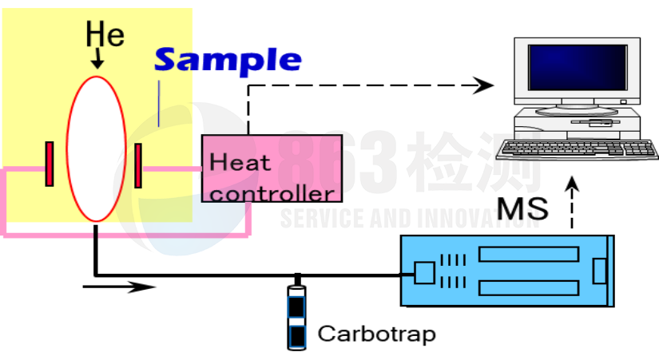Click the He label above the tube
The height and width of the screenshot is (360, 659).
(105, 34)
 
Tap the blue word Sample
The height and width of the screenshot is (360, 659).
(228, 60)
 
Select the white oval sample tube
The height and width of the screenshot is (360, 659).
(96, 148)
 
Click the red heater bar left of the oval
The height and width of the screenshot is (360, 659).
(50, 164)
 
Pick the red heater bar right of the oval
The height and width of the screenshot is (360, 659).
(138, 165)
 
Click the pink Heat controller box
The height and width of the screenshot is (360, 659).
(272, 168)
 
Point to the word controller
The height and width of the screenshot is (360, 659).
(272, 194)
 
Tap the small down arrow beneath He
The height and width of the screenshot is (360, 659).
(97, 58)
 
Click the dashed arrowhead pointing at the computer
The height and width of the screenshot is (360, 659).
(483, 85)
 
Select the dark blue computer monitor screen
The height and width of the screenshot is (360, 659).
(578, 68)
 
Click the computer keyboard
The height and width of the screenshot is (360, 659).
(578, 149)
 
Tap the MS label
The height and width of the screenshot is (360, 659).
(523, 208)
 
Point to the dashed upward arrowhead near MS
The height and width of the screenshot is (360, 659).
(572, 184)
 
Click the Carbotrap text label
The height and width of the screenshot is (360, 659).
(376, 334)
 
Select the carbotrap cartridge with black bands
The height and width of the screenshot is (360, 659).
(296, 317)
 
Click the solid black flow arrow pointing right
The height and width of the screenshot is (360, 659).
(119, 287)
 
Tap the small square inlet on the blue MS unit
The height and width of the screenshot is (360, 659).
(424, 273)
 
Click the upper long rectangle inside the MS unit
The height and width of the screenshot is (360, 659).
(529, 255)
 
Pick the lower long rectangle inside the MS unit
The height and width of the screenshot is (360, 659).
(529, 287)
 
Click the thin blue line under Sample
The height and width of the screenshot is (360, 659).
(159, 103)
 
